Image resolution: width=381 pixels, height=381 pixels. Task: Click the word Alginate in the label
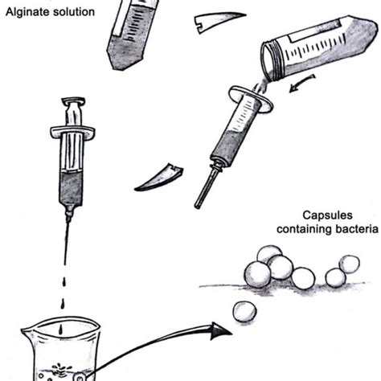point(27,12)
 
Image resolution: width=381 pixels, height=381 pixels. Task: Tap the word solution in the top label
point(73,12)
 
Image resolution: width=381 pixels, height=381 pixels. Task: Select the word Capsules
point(327,215)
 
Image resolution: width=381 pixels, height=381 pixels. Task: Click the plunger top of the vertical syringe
point(73,100)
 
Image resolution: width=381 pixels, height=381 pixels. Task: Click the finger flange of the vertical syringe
point(72,132)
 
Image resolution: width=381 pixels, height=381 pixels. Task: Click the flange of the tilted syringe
point(251,99)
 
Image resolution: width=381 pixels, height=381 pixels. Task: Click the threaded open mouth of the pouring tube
point(272,62)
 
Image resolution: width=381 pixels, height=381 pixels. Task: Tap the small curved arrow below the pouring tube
point(302,84)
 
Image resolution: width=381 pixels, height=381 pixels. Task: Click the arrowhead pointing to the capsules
point(220,331)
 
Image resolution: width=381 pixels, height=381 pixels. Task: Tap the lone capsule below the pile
point(245,312)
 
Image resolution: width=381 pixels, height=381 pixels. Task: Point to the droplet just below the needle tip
point(64,281)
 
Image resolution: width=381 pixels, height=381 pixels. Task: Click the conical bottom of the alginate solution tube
point(124,54)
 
